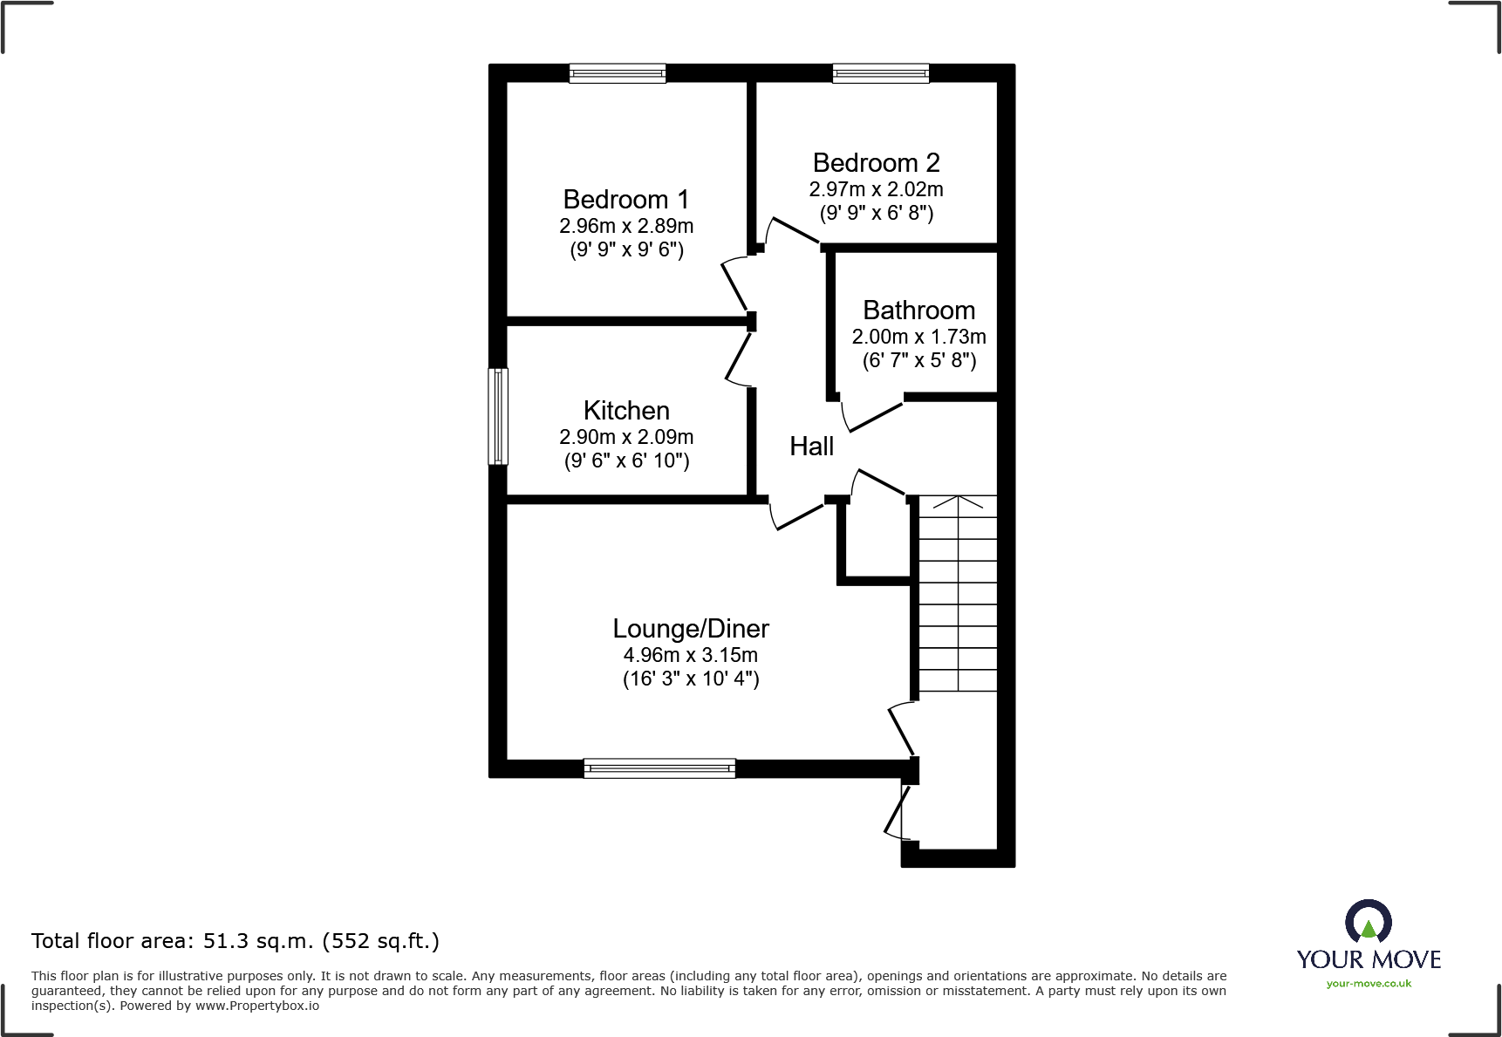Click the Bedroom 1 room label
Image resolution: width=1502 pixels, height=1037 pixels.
tap(626, 200)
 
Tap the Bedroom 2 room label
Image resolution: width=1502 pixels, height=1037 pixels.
tap(876, 163)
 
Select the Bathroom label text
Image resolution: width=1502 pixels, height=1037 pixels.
tap(918, 310)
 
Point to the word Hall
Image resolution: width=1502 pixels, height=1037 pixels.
tap(811, 447)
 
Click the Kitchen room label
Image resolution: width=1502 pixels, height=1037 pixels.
tap(626, 411)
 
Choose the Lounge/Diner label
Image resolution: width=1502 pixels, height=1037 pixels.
tap(691, 629)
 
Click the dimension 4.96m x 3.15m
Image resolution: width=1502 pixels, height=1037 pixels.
tap(691, 655)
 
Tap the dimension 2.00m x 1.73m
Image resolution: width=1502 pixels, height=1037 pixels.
tap(918, 337)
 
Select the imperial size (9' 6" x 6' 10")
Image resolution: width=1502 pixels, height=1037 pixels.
tap(626, 461)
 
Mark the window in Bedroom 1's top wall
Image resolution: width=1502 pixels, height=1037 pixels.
tap(618, 73)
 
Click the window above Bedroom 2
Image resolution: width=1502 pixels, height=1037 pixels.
tap(881, 73)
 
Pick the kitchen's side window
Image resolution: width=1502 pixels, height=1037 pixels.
tap(498, 416)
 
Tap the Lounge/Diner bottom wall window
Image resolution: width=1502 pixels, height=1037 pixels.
tap(659, 768)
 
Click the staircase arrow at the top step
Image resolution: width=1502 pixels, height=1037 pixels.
tap(958, 503)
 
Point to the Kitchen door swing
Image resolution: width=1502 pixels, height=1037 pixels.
tap(738, 358)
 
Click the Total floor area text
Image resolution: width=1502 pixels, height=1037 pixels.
tap(235, 941)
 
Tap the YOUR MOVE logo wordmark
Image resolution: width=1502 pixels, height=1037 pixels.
tap(1369, 959)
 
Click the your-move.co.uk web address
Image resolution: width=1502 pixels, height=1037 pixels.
tap(1369, 984)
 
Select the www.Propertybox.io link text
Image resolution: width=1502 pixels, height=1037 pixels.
tap(256, 1006)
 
